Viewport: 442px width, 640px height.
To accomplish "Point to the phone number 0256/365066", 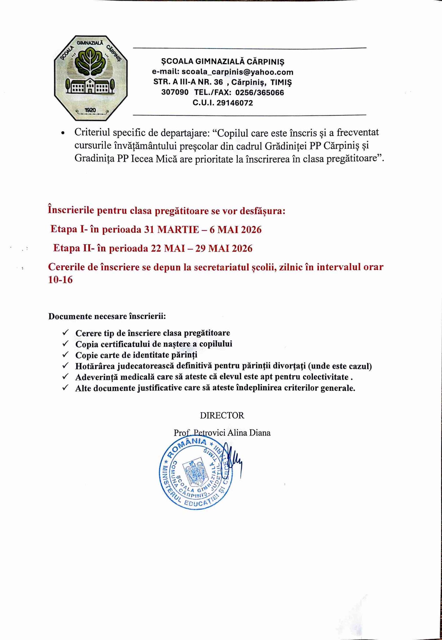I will [259, 93].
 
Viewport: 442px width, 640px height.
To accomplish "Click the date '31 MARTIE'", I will [171, 230].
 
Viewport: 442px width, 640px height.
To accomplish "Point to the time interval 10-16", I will [60, 280].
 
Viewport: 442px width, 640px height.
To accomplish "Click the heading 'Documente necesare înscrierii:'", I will [107, 316].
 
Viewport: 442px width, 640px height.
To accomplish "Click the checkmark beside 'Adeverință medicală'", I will [65, 377].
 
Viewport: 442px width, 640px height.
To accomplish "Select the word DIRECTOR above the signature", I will [222, 416].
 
